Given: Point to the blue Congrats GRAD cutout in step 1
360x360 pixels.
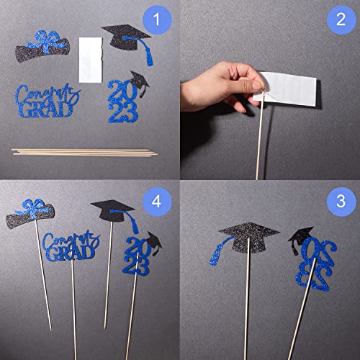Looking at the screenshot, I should point(46,101).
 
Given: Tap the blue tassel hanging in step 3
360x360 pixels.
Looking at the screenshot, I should point(215,252).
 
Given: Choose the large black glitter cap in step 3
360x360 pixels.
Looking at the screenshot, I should point(249,233).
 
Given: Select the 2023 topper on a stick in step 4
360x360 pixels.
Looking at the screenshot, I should point(140,256).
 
